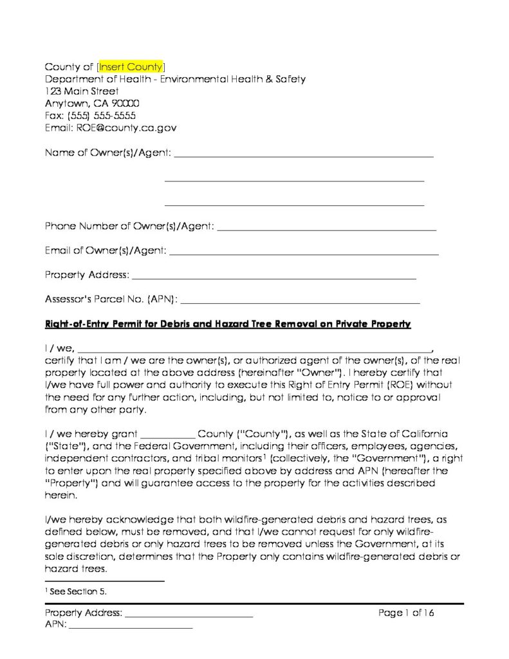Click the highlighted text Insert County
(x=132, y=67)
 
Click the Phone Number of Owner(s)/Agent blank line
(x=328, y=228)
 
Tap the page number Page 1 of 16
(x=407, y=613)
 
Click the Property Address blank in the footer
(x=189, y=615)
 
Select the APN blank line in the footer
(x=131, y=626)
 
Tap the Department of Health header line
(x=175, y=79)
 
